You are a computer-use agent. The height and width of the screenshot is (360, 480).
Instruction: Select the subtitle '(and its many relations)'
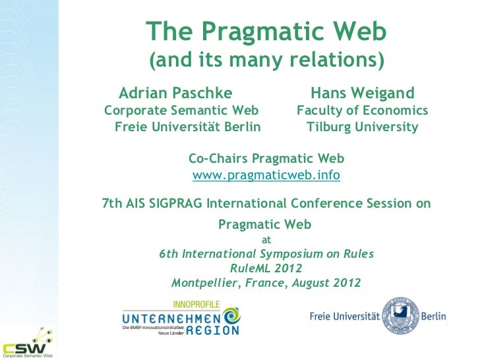pos(266,61)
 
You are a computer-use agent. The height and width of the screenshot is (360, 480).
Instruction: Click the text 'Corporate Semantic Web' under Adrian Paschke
pos(181,109)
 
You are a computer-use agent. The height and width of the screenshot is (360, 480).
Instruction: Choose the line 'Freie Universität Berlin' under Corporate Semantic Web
pos(187,127)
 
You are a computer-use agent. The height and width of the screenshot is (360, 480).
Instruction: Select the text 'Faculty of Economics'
pos(363,109)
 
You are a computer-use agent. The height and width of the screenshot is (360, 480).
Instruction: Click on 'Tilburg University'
pos(362,127)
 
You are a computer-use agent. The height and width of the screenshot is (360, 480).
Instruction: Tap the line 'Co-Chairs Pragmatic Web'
pos(266,159)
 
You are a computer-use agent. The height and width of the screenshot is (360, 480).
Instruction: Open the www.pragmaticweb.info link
pos(266,176)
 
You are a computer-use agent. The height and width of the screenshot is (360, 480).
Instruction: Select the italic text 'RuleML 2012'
pos(266,268)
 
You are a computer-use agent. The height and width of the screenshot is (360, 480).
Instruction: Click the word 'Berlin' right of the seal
pos(435,318)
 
